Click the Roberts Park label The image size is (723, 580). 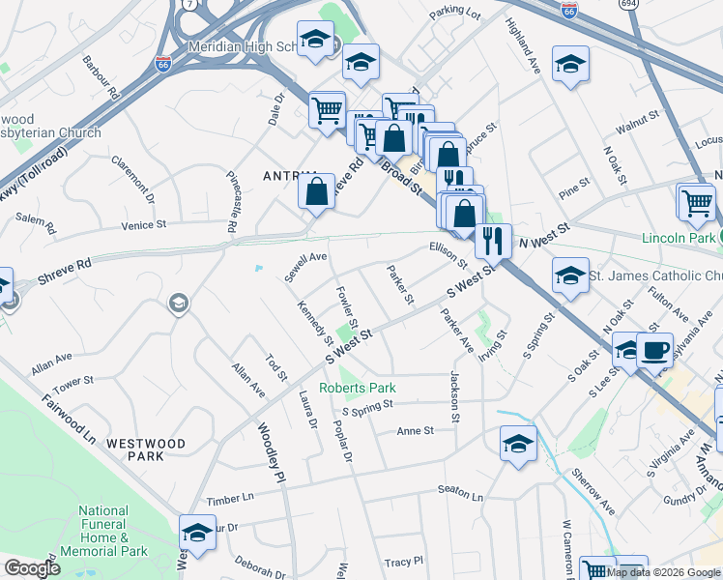coord(359,388)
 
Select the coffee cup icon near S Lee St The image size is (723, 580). coord(654,350)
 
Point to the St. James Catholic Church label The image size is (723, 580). coord(655,276)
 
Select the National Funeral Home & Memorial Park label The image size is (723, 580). coord(102,531)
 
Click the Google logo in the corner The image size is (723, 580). coord(32,568)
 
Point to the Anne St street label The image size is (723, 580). coord(415,431)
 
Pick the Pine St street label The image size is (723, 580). coord(574,183)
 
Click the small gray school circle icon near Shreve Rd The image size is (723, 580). coord(177,304)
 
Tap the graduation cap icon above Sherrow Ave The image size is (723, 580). coord(518,445)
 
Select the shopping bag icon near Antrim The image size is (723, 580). coord(316,191)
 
